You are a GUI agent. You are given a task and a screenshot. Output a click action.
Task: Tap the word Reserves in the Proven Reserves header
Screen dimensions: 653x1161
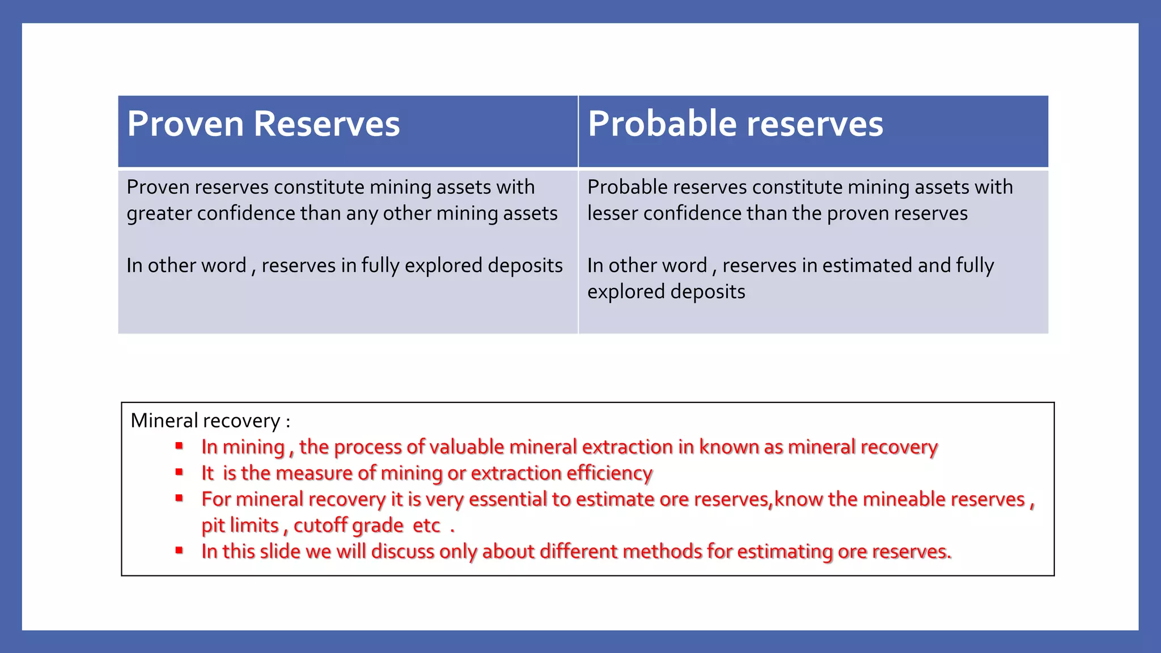pyautogui.click(x=327, y=124)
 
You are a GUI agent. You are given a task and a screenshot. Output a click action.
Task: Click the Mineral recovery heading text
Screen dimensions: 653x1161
pyautogui.click(x=210, y=421)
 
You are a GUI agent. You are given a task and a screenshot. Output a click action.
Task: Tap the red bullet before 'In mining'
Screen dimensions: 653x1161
pyautogui.click(x=179, y=446)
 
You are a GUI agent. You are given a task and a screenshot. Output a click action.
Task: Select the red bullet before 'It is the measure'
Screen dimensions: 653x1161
pyautogui.click(x=179, y=472)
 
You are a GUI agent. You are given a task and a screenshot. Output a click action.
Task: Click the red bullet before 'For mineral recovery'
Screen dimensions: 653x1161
pyautogui.click(x=179, y=498)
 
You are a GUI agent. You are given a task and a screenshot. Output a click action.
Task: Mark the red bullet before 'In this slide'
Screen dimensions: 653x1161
pyautogui.click(x=179, y=550)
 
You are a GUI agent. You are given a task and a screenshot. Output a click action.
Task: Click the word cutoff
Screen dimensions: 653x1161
pyautogui.click(x=320, y=525)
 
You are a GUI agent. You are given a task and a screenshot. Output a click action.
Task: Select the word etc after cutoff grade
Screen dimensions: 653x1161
pyautogui.click(x=426, y=525)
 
